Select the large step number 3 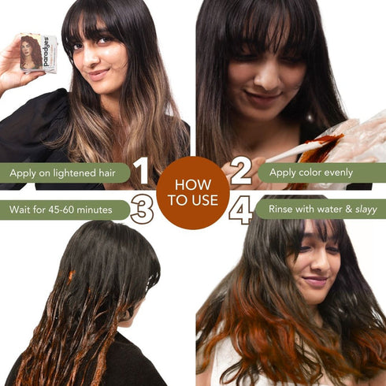pyautogui.click(x=142, y=210)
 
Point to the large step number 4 pyautogui.click(x=241, y=210)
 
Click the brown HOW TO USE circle pyautogui.click(x=192, y=192)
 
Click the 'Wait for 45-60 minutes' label pyautogui.click(x=65, y=210)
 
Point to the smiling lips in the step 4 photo pyautogui.click(x=315, y=281)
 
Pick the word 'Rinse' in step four pyautogui.click(x=284, y=210)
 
